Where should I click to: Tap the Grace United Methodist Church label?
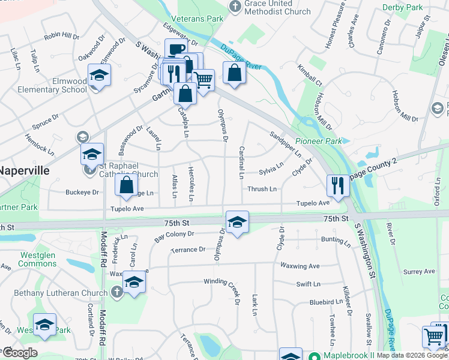click(277, 8)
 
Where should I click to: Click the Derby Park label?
click(402, 8)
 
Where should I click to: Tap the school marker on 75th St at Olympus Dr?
click(237, 221)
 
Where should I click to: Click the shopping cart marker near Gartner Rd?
click(203, 79)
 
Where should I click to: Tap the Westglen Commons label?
click(38, 259)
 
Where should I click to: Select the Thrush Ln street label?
click(262, 189)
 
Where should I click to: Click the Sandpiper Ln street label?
click(286, 144)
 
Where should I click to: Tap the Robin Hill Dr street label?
click(61, 36)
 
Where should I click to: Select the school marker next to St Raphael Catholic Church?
click(92, 154)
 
